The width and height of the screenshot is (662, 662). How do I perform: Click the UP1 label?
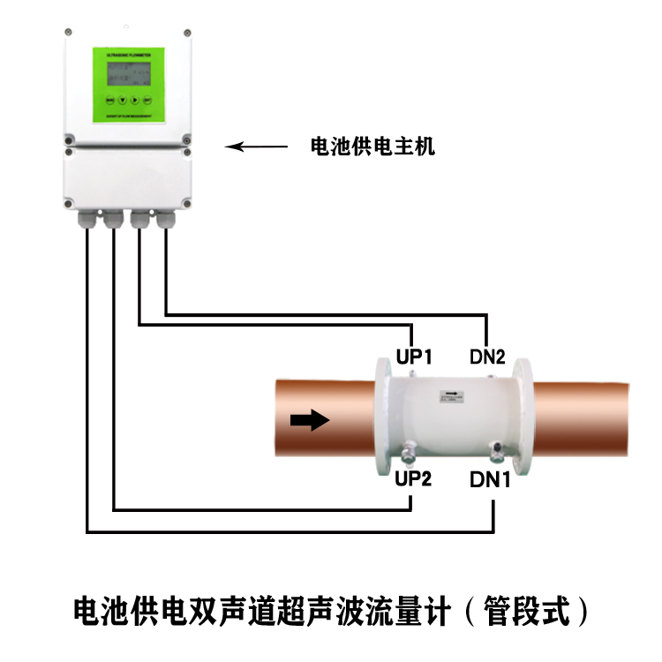(412, 357)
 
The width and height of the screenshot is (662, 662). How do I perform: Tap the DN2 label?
(486, 357)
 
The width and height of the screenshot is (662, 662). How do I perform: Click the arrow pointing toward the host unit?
(256, 147)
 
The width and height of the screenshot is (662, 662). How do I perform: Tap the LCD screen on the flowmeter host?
(127, 74)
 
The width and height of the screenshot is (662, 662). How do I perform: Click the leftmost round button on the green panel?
(110, 99)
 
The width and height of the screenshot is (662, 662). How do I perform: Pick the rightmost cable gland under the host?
(165, 220)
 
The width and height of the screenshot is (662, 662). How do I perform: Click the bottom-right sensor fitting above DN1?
(498, 453)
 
